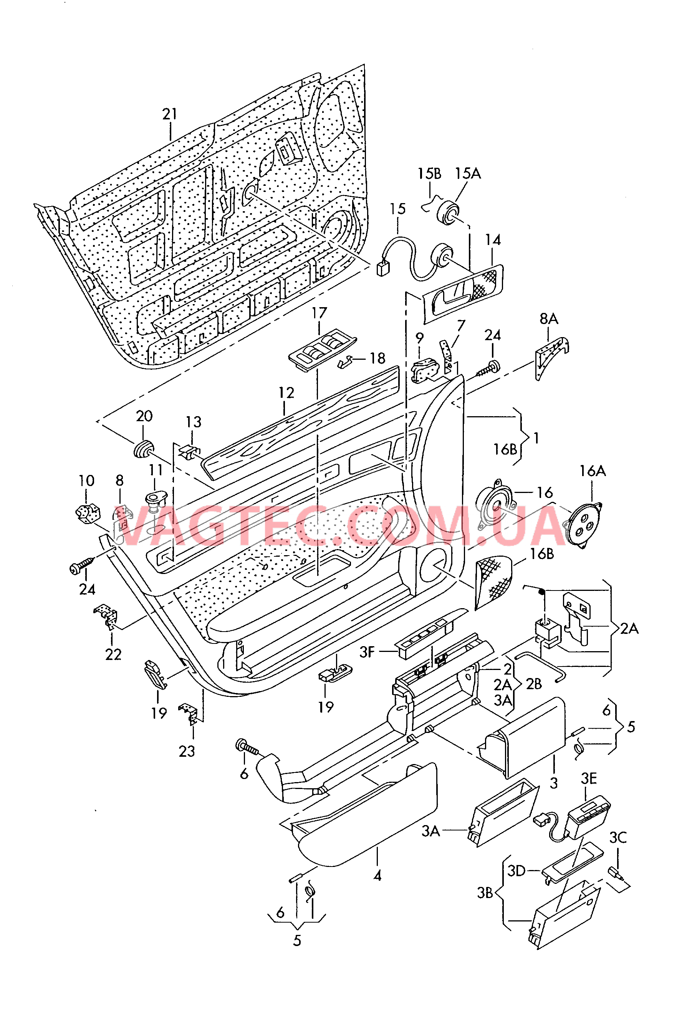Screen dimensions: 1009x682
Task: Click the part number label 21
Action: tap(170, 114)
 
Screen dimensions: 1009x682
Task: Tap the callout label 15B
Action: tap(429, 174)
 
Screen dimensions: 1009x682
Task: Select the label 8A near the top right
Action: tap(548, 319)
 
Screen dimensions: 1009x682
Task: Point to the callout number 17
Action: tap(319, 313)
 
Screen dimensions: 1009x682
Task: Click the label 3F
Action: tap(367, 652)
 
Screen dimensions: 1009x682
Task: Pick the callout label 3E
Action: tap(589, 779)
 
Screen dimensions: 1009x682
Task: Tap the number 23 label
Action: tap(187, 751)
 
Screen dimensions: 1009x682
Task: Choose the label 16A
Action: tap(592, 471)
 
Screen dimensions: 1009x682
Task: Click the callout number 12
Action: tap(286, 393)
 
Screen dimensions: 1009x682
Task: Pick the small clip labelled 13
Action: tap(190, 452)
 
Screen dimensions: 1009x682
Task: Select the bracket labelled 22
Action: tap(106, 617)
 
